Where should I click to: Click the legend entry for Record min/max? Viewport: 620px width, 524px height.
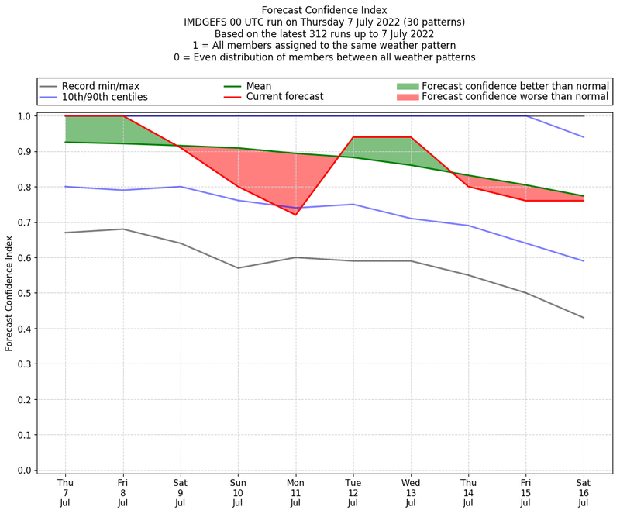click(x=101, y=86)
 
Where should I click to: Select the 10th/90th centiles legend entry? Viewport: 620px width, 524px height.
click(x=105, y=97)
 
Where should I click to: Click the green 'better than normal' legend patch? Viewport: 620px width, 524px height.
click(x=407, y=86)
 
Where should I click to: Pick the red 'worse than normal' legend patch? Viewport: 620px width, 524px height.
click(x=407, y=97)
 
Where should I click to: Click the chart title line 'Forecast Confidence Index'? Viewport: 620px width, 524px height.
click(x=324, y=10)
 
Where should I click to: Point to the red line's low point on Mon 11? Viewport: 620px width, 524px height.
click(x=295, y=215)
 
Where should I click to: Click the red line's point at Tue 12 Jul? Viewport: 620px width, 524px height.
click(x=353, y=137)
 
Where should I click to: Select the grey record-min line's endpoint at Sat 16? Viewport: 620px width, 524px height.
click(x=584, y=318)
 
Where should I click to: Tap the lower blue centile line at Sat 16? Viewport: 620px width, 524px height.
click(x=584, y=261)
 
